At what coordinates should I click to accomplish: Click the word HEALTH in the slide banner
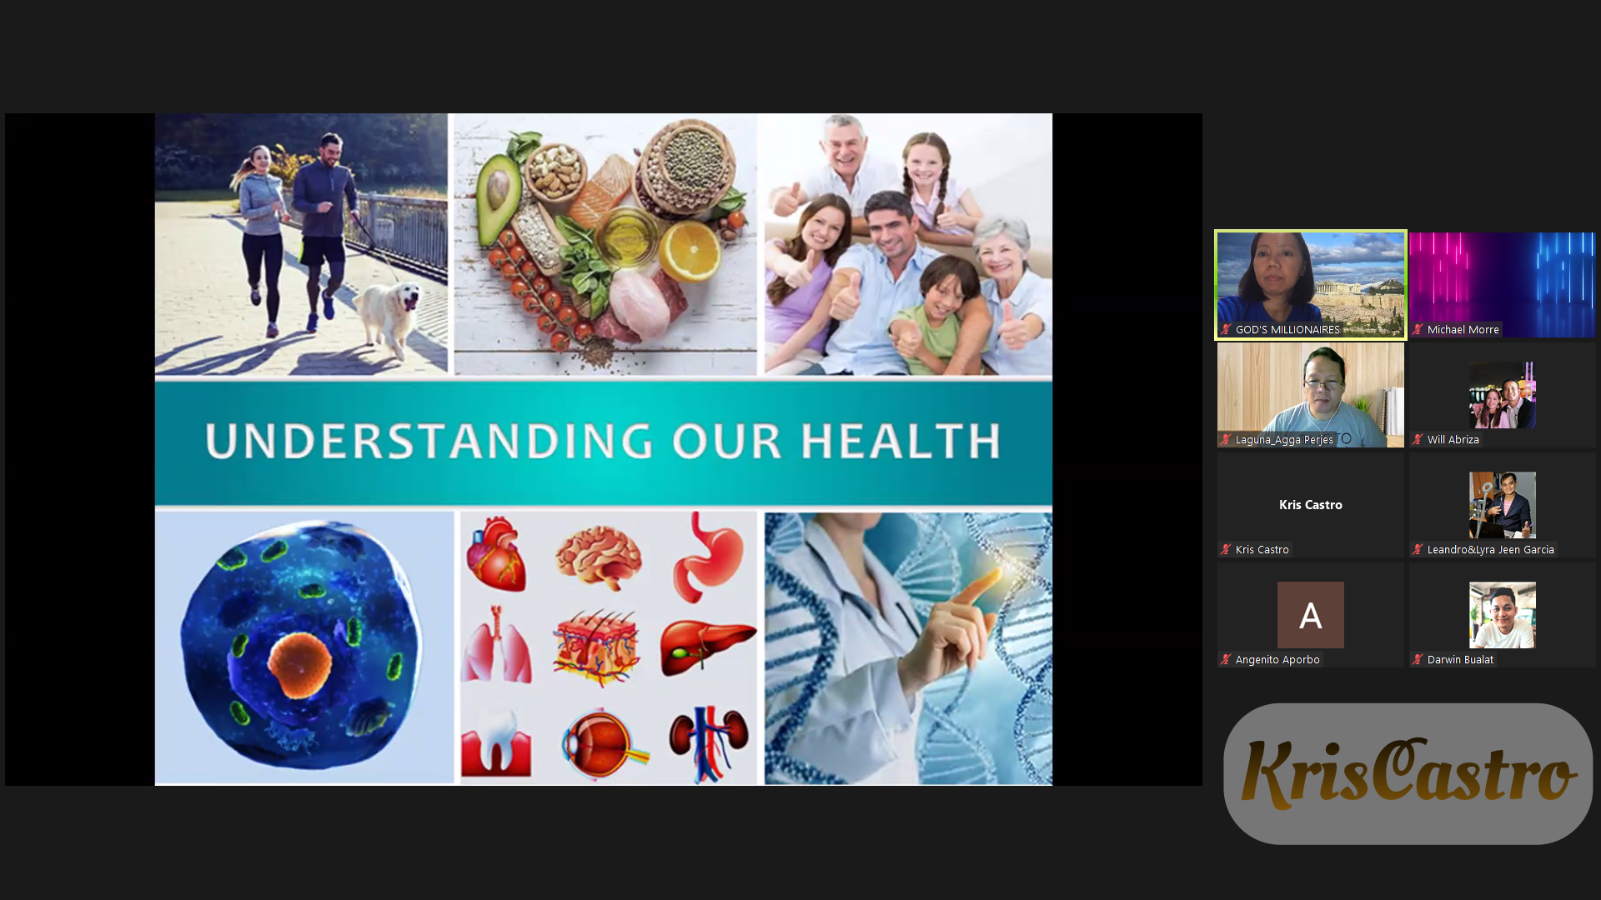tap(901, 441)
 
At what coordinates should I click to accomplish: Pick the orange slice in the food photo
tap(690, 251)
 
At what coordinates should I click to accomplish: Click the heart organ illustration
tap(497, 553)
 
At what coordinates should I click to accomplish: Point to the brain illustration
tap(599, 556)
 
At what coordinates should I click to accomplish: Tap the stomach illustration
tap(707, 557)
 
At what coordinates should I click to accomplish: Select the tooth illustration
tap(496, 741)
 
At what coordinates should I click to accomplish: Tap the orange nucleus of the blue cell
tap(299, 664)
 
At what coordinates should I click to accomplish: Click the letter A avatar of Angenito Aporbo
tap(1310, 615)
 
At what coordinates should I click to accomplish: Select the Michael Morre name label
tap(1463, 330)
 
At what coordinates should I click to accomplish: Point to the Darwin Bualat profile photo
tap(1502, 615)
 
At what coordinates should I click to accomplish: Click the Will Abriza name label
tap(1453, 440)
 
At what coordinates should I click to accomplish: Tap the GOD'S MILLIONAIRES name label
tap(1287, 330)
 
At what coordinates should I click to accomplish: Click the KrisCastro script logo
tap(1408, 773)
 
